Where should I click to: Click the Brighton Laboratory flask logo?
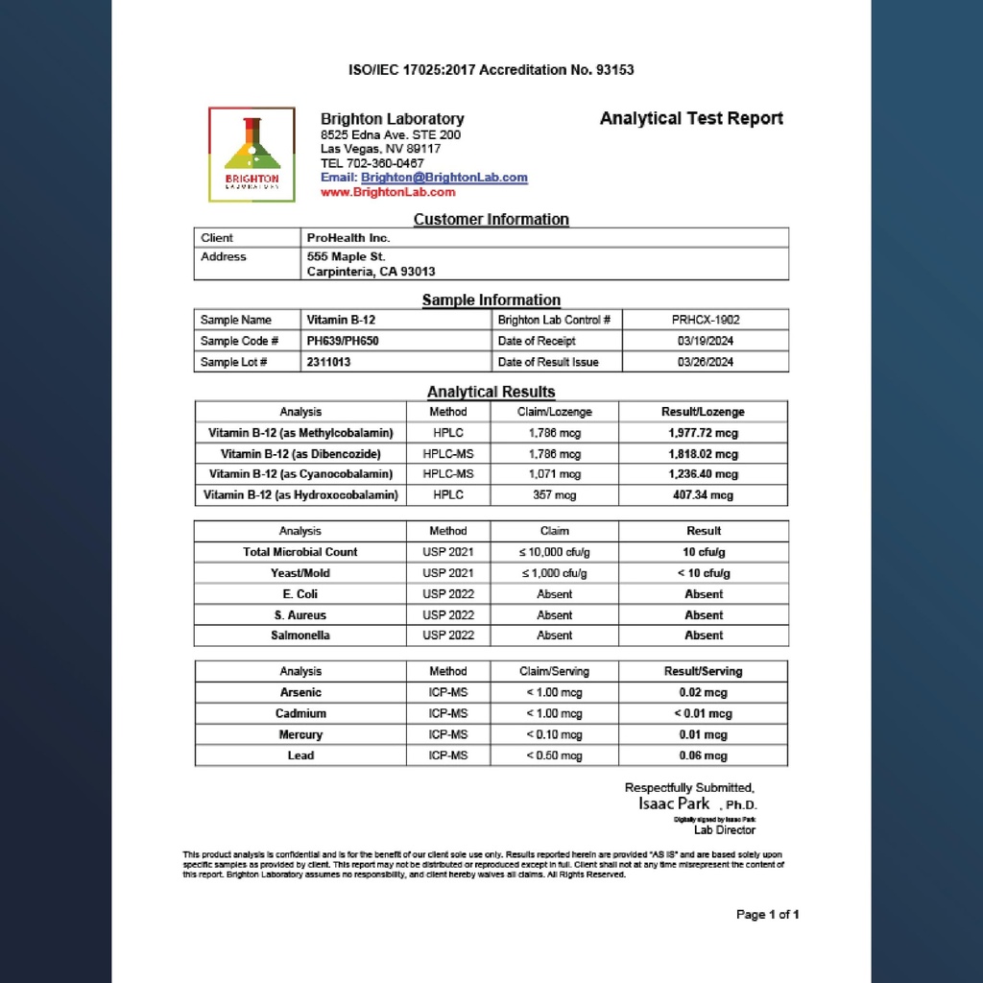pyautogui.click(x=252, y=154)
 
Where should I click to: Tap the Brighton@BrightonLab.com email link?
pyautogui.click(x=444, y=178)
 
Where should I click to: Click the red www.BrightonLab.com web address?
pyautogui.click(x=388, y=192)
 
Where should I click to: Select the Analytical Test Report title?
pyautogui.click(x=691, y=119)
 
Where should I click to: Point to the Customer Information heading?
pyautogui.click(x=491, y=220)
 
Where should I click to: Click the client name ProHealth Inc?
pyautogui.click(x=348, y=238)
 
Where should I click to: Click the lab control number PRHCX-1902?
pyautogui.click(x=706, y=320)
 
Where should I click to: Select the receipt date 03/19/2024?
pyautogui.click(x=706, y=341)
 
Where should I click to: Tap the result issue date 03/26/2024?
pyautogui.click(x=706, y=362)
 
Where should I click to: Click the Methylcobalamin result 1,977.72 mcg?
pyautogui.click(x=704, y=433)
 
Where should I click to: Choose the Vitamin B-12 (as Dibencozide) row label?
pyautogui.click(x=300, y=454)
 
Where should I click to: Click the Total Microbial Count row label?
pyautogui.click(x=300, y=552)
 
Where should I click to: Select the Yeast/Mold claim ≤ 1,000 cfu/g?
pyautogui.click(x=554, y=573)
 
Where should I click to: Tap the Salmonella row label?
pyautogui.click(x=300, y=635)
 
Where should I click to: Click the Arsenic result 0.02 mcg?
pyautogui.click(x=704, y=692)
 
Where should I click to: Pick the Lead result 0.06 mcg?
pyautogui.click(x=704, y=755)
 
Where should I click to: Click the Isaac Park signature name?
pyautogui.click(x=674, y=803)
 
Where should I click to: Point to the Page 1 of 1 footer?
pyautogui.click(x=767, y=914)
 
